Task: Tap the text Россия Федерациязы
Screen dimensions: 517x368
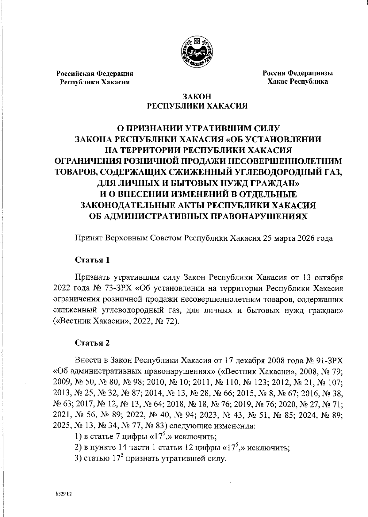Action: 297,73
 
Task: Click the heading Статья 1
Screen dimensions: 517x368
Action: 92,260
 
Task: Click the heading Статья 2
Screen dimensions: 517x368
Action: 92,343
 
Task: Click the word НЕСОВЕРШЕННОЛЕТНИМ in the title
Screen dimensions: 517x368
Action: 294,161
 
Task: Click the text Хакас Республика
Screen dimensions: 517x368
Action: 297,82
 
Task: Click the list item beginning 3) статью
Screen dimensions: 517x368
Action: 151,459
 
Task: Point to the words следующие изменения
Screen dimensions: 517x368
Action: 212,426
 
